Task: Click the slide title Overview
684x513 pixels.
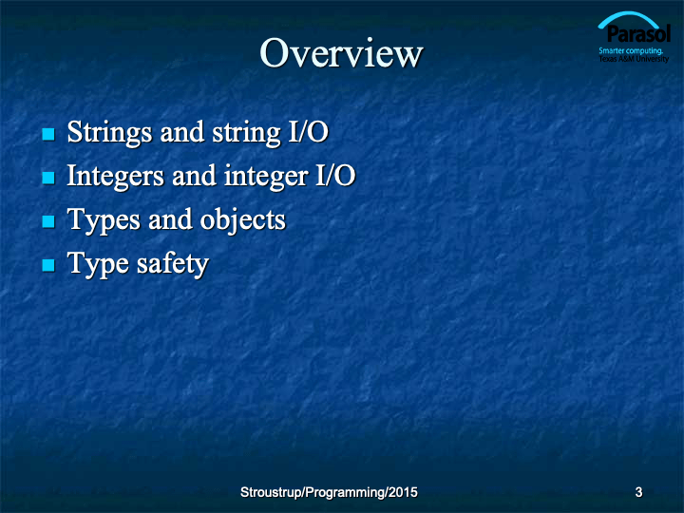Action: [x=341, y=53]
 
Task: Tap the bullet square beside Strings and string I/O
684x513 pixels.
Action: [x=48, y=134]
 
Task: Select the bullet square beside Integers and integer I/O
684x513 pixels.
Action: [x=48, y=178]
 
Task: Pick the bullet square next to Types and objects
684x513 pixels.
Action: [x=48, y=221]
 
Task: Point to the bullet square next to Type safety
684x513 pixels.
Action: [x=48, y=265]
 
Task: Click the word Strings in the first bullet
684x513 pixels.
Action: [x=109, y=133]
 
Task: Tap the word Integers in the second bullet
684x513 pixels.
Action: [x=115, y=177]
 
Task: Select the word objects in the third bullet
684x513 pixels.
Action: [x=242, y=219]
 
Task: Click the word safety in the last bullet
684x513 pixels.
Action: [x=173, y=263]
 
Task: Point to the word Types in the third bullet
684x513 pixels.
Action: [x=104, y=219]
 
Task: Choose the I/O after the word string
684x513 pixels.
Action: [x=309, y=132]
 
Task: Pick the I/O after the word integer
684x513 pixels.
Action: [x=335, y=176]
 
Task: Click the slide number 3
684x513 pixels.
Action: [x=638, y=492]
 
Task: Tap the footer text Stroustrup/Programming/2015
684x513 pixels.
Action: [x=329, y=492]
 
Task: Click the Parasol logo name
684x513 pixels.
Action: [x=638, y=33]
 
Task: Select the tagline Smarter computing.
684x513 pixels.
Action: [x=631, y=50]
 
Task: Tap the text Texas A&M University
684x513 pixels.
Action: [x=634, y=59]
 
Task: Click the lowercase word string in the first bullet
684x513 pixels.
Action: [x=246, y=133]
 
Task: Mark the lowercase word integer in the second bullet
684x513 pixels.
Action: [x=266, y=177]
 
